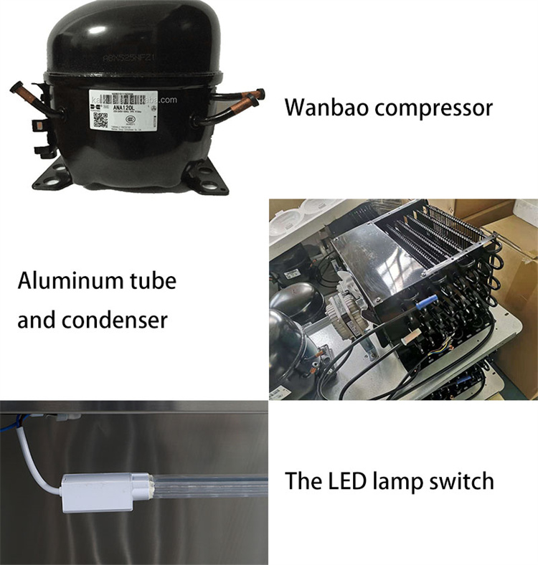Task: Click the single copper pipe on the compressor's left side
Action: coord(24,92)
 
